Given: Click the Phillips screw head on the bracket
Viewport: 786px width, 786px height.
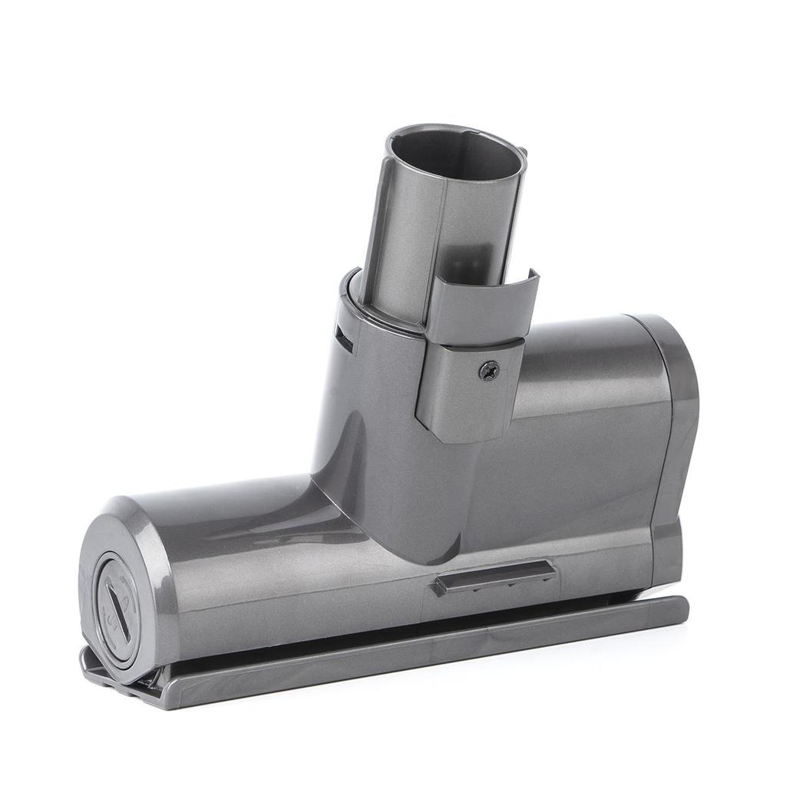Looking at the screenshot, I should pyautogui.click(x=488, y=371).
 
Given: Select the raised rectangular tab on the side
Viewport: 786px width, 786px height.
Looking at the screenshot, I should pyautogui.click(x=495, y=577).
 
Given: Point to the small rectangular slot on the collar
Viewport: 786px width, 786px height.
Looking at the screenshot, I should pyautogui.click(x=344, y=339).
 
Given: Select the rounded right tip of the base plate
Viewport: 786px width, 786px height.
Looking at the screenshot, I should pyautogui.click(x=679, y=611).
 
